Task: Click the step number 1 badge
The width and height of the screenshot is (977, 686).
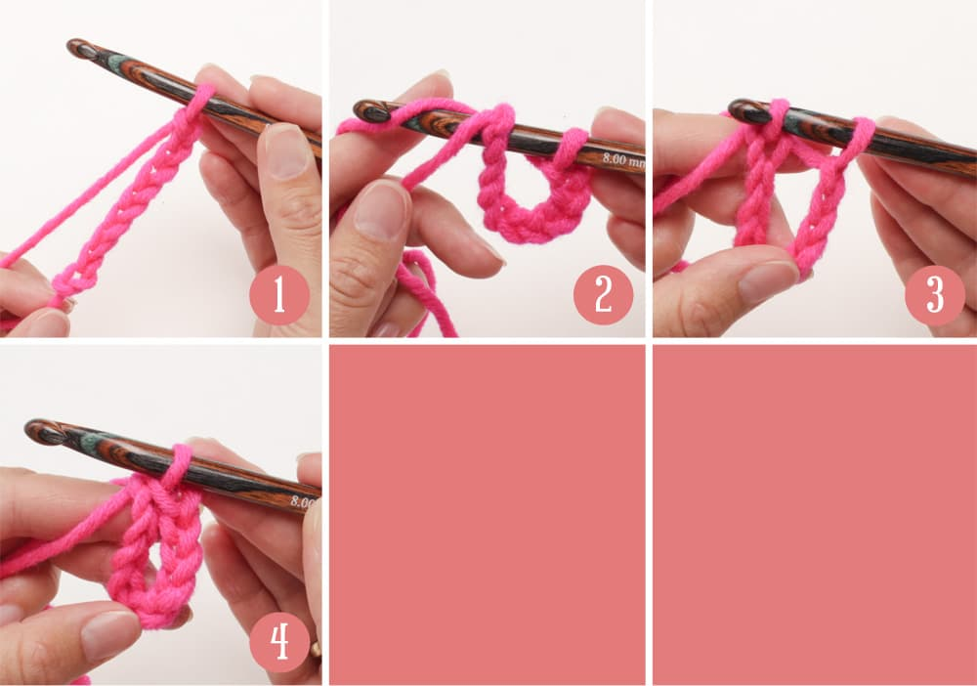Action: click(x=279, y=295)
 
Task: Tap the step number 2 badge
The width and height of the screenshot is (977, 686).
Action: click(x=603, y=295)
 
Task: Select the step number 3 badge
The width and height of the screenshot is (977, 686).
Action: click(x=935, y=295)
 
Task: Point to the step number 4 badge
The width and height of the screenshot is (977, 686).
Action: click(x=279, y=642)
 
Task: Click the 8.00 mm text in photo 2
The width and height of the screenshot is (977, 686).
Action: click(x=623, y=160)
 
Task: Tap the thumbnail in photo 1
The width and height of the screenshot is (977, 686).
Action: click(x=284, y=150)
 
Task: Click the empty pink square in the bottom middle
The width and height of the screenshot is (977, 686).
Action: click(x=488, y=515)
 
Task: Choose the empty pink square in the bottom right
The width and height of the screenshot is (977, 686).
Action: click(x=815, y=515)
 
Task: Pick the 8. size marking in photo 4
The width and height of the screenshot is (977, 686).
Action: click(x=301, y=500)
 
